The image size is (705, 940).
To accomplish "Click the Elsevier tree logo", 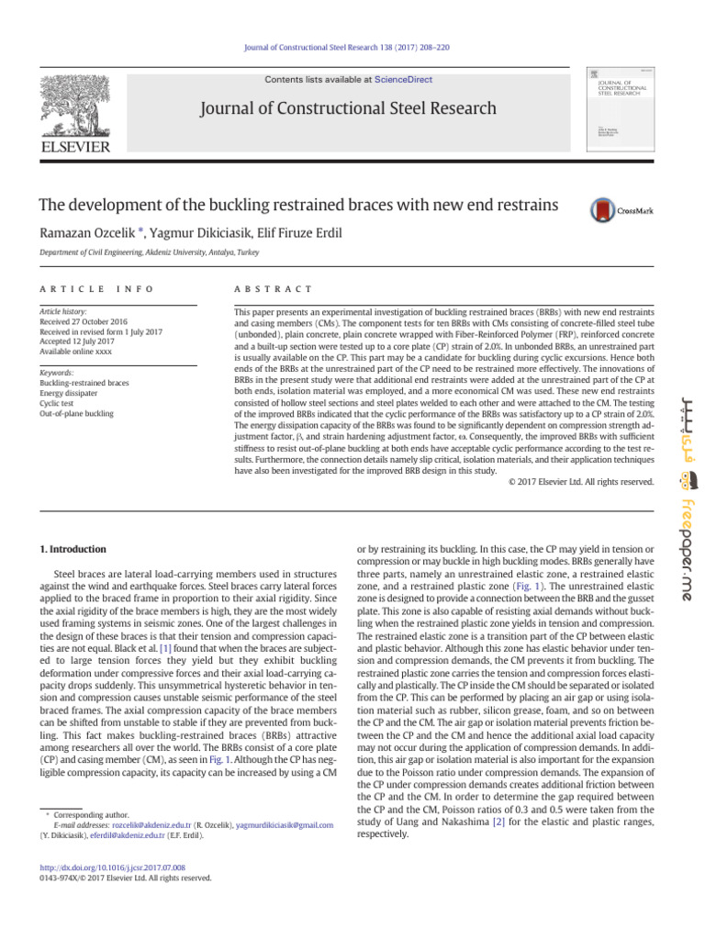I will (x=78, y=104).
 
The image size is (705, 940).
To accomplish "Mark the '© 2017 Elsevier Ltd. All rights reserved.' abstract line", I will (x=581, y=481).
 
